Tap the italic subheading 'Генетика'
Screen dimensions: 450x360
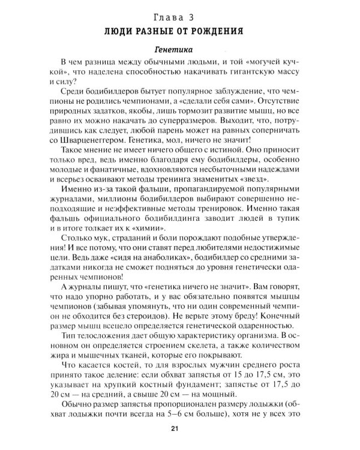(x=180, y=49)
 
